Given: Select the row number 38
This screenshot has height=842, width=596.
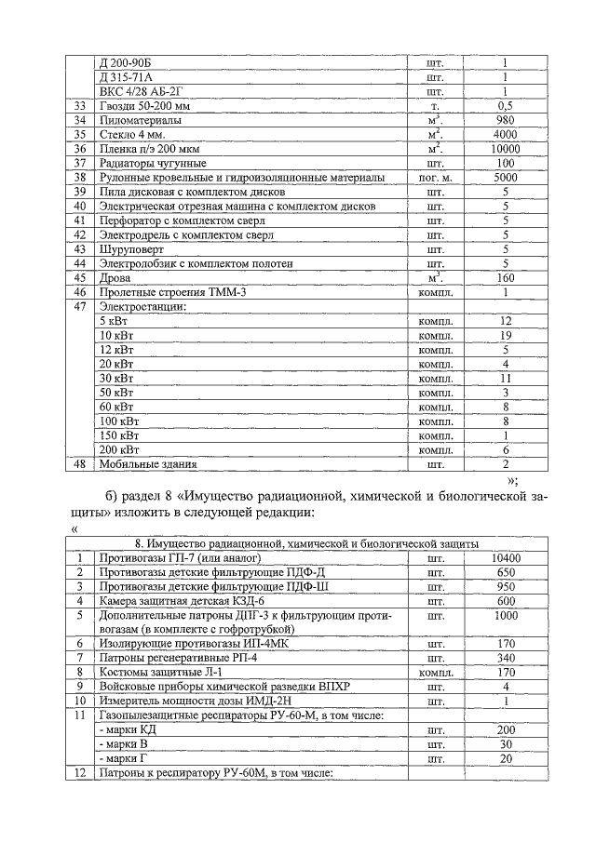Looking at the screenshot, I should click(x=80, y=178).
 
